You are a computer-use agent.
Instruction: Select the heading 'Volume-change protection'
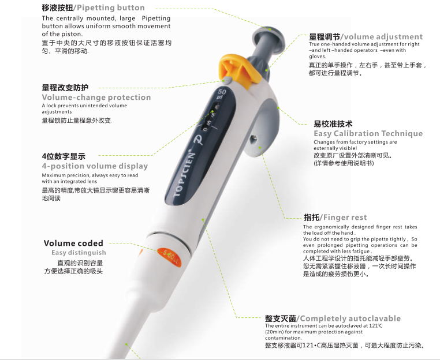[x=96, y=97]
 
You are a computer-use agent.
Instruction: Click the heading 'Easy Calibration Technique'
[x=368, y=133]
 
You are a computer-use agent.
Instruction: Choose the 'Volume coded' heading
[x=73, y=243]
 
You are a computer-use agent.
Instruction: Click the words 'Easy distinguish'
[x=79, y=253]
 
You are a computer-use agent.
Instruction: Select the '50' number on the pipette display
[x=222, y=93]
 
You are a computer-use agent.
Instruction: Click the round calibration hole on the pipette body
[x=258, y=149]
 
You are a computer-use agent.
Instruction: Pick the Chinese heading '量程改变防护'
[x=65, y=88]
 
